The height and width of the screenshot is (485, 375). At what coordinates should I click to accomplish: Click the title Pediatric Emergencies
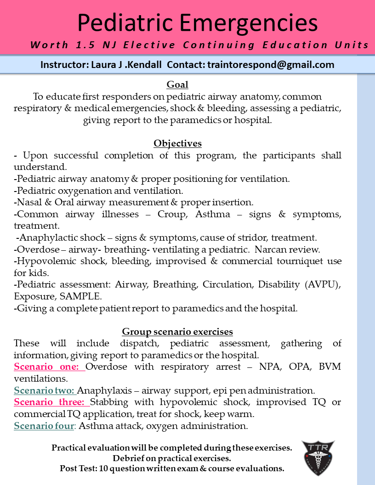[197, 23]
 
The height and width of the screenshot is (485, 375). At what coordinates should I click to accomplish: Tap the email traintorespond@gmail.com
[271, 65]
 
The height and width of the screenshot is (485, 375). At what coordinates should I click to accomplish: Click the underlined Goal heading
[177, 85]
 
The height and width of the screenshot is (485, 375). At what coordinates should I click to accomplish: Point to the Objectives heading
[177, 143]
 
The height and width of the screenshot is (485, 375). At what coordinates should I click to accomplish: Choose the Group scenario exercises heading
[177, 332]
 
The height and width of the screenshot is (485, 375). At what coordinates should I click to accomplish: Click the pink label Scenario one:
[49, 367]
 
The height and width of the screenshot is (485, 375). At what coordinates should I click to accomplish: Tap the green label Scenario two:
[45, 390]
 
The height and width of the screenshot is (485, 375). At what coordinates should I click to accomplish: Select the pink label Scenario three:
[51, 402]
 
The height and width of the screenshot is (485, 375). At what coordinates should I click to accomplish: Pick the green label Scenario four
[44, 426]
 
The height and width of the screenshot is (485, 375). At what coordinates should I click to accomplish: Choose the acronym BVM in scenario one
[331, 367]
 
